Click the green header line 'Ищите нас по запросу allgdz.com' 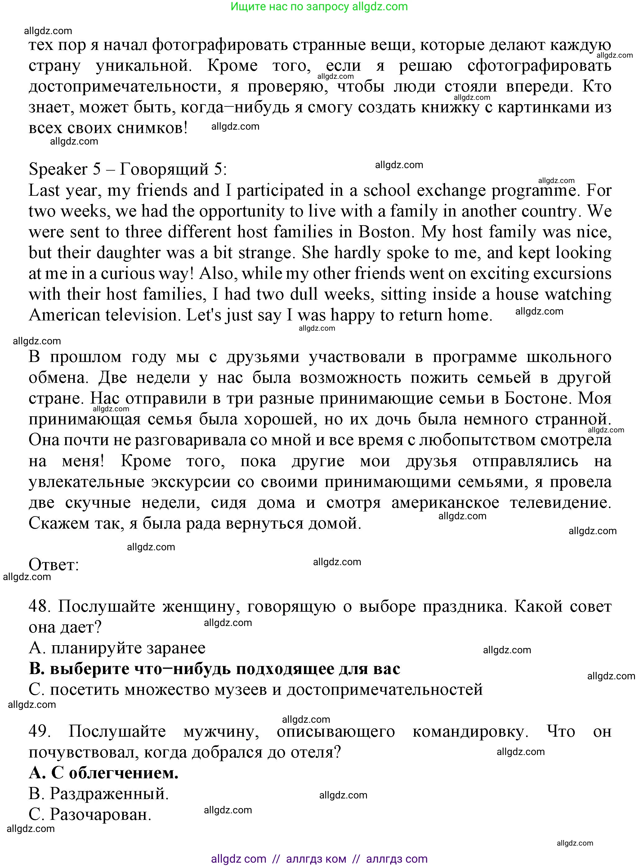[x=319, y=7]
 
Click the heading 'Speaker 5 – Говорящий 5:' [x=128, y=169]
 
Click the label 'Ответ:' [x=54, y=565]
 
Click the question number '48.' [x=39, y=606]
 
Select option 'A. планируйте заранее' [x=117, y=648]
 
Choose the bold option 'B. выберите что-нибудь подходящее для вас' [x=214, y=669]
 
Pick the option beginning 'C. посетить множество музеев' [x=255, y=690]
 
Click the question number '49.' [x=39, y=731]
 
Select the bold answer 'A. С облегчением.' [x=103, y=773]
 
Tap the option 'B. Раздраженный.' [x=99, y=794]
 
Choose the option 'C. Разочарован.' [x=90, y=815]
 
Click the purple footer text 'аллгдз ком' [x=316, y=859]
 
